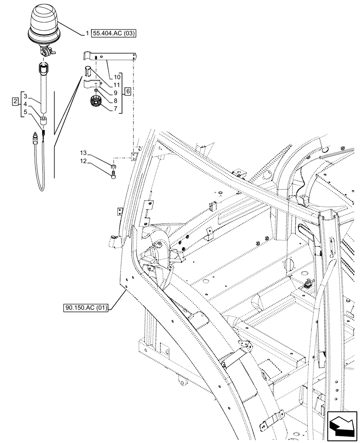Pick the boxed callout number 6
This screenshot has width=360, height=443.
[x=127, y=91]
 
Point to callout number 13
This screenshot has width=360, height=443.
[x=83, y=153]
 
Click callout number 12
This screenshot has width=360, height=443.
[x=83, y=162]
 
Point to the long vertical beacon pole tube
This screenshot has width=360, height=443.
[x=43, y=89]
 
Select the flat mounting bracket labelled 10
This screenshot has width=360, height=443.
[x=111, y=57]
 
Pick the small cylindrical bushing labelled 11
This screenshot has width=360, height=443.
[x=88, y=70]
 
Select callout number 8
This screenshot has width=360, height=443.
[x=116, y=101]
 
